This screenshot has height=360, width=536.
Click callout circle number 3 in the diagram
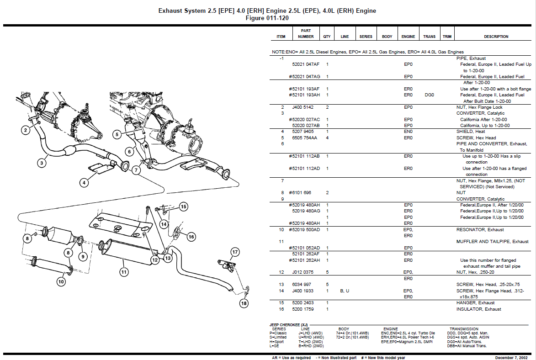coord(42,162)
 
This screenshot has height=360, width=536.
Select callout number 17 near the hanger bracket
coord(235,252)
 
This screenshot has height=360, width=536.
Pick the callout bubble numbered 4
coord(84,183)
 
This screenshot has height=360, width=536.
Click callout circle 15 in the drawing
coord(183,206)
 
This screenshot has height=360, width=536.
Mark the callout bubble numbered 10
coord(61,282)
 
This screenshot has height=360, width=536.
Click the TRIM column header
coord(447,37)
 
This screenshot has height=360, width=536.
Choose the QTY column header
coord(327,37)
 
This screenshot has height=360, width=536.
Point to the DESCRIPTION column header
coord(496,37)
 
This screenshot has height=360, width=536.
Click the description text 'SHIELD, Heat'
coord(471,131)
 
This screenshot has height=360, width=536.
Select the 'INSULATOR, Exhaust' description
coord(478,309)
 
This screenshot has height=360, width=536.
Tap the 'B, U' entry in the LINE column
coord(345,291)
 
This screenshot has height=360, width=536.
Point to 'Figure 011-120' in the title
coord(267,18)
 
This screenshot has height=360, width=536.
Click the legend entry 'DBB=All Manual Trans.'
coord(467,346)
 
